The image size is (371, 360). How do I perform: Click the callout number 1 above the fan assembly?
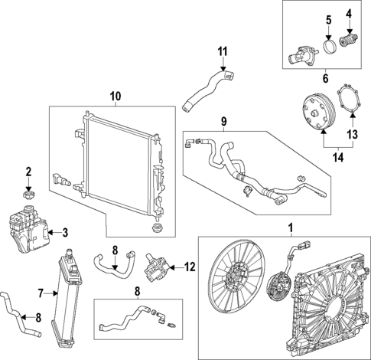[x=290, y=227]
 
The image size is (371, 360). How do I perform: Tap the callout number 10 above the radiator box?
[x=116, y=97]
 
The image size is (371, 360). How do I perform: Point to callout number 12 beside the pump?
[x=191, y=267]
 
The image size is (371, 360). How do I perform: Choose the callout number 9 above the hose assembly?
[x=224, y=120]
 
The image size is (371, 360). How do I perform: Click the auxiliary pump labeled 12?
[x=159, y=269]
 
